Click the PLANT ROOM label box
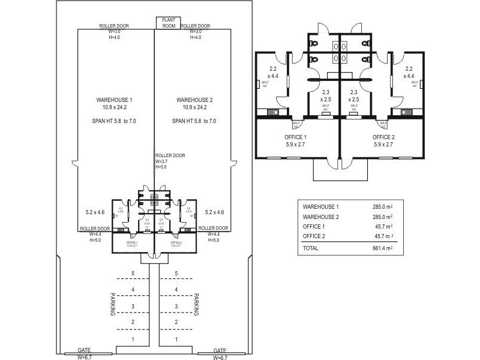[167, 23]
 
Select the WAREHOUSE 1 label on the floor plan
[114, 100]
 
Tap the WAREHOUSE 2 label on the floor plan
[194, 100]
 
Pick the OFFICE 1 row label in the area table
[314, 227]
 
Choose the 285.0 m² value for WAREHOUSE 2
[382, 217]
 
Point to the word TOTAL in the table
[311, 248]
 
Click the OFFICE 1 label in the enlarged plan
[296, 137]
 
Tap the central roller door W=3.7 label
[170, 161]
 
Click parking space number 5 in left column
[134, 274]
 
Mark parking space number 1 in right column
[176, 340]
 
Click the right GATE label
[220, 350]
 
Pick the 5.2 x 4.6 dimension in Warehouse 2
[214, 212]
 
